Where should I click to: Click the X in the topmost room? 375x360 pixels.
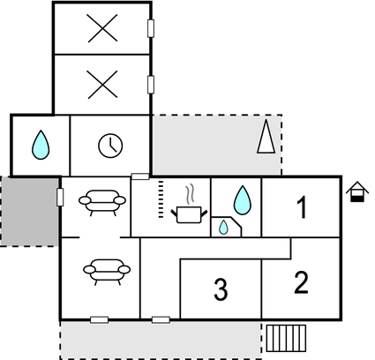tap(102, 28)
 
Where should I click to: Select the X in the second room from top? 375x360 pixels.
tap(102, 85)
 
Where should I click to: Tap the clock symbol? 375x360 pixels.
tap(110, 146)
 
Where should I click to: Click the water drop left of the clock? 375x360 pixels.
tap(41, 145)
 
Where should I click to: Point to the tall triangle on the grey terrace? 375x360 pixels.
tap(266, 136)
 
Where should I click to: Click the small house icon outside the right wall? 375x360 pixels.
tap(357, 191)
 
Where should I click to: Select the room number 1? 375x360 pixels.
tap(302, 207)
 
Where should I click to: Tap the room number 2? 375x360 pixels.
tap(302, 282)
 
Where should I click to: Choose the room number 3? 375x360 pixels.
tap(221, 289)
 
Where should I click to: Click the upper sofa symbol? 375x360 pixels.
tap(102, 202)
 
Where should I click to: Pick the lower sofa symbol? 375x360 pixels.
tap(107, 272)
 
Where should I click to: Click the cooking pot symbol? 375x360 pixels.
tap(189, 214)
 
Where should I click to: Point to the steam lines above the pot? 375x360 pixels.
tap(191, 193)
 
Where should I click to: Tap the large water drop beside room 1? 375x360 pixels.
tap(243, 200)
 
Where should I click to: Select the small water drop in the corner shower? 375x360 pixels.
tap(223, 228)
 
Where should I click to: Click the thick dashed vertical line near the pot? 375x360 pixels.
tap(161, 199)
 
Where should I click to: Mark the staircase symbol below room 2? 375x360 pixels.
tap(286, 338)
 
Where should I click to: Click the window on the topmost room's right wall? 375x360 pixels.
tap(151, 28)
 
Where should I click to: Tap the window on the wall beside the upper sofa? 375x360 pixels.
tap(60, 197)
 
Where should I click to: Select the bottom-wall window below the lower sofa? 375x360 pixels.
tap(99, 319)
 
